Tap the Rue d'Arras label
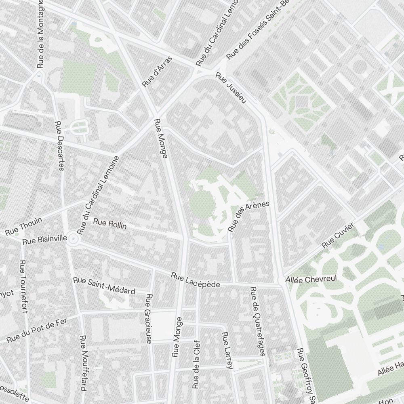pos(157,72)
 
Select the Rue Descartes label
pos(59,146)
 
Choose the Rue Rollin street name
pos(110,224)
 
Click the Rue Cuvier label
pos(338,236)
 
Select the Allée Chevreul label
pos(311,280)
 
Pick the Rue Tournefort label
pos(24,287)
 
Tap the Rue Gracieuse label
pos(148,319)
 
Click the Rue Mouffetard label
pos(83,363)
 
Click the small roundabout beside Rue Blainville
pos(73,239)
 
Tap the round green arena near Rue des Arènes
pos(200,204)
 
